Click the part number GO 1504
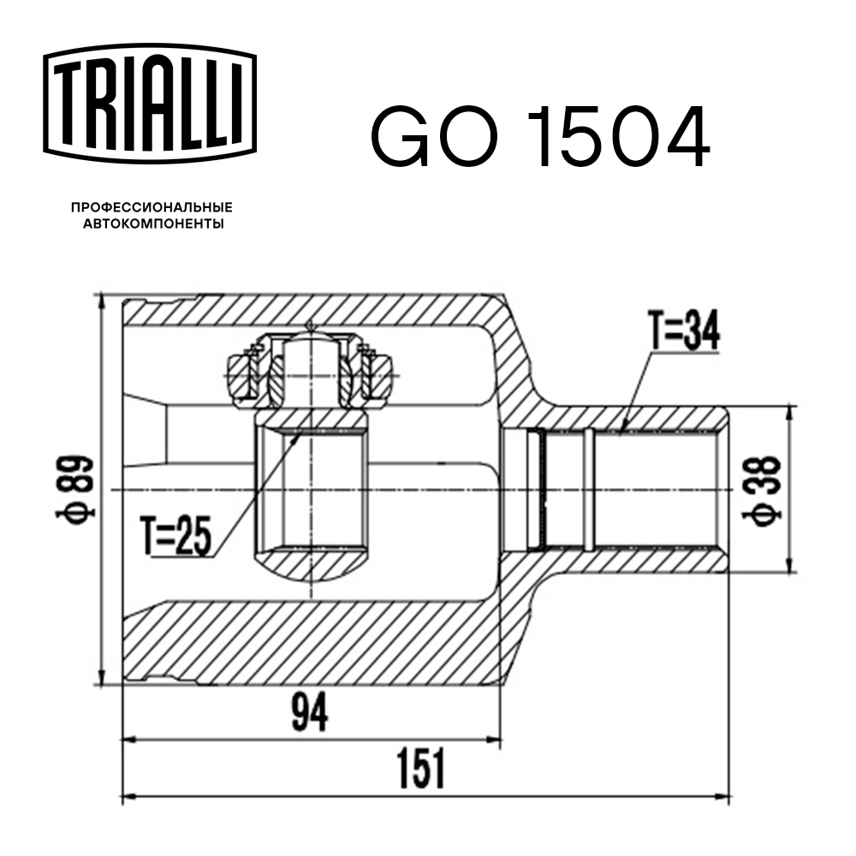point(540,138)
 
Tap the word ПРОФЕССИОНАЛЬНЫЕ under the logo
point(152,207)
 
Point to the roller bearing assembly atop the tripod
point(310,368)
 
